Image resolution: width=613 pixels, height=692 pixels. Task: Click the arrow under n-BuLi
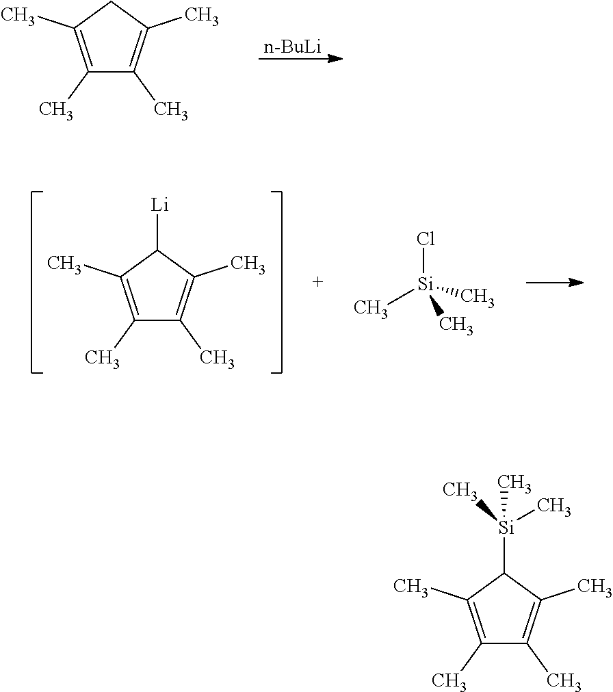301,59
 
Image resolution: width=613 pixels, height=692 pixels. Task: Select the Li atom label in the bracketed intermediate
159,205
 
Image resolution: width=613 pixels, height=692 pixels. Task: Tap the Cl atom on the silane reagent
426,239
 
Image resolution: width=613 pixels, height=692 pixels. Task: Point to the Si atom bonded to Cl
426,285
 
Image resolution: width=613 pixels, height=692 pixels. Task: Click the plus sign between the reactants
317,282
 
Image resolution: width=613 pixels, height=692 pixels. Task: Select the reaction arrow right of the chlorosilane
556,283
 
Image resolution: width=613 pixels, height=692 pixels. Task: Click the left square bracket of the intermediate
37,283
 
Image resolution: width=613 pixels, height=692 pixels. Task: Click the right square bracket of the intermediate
276,283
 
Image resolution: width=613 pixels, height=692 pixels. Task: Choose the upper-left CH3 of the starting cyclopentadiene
18,17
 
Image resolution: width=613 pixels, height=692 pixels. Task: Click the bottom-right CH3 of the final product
564,680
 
